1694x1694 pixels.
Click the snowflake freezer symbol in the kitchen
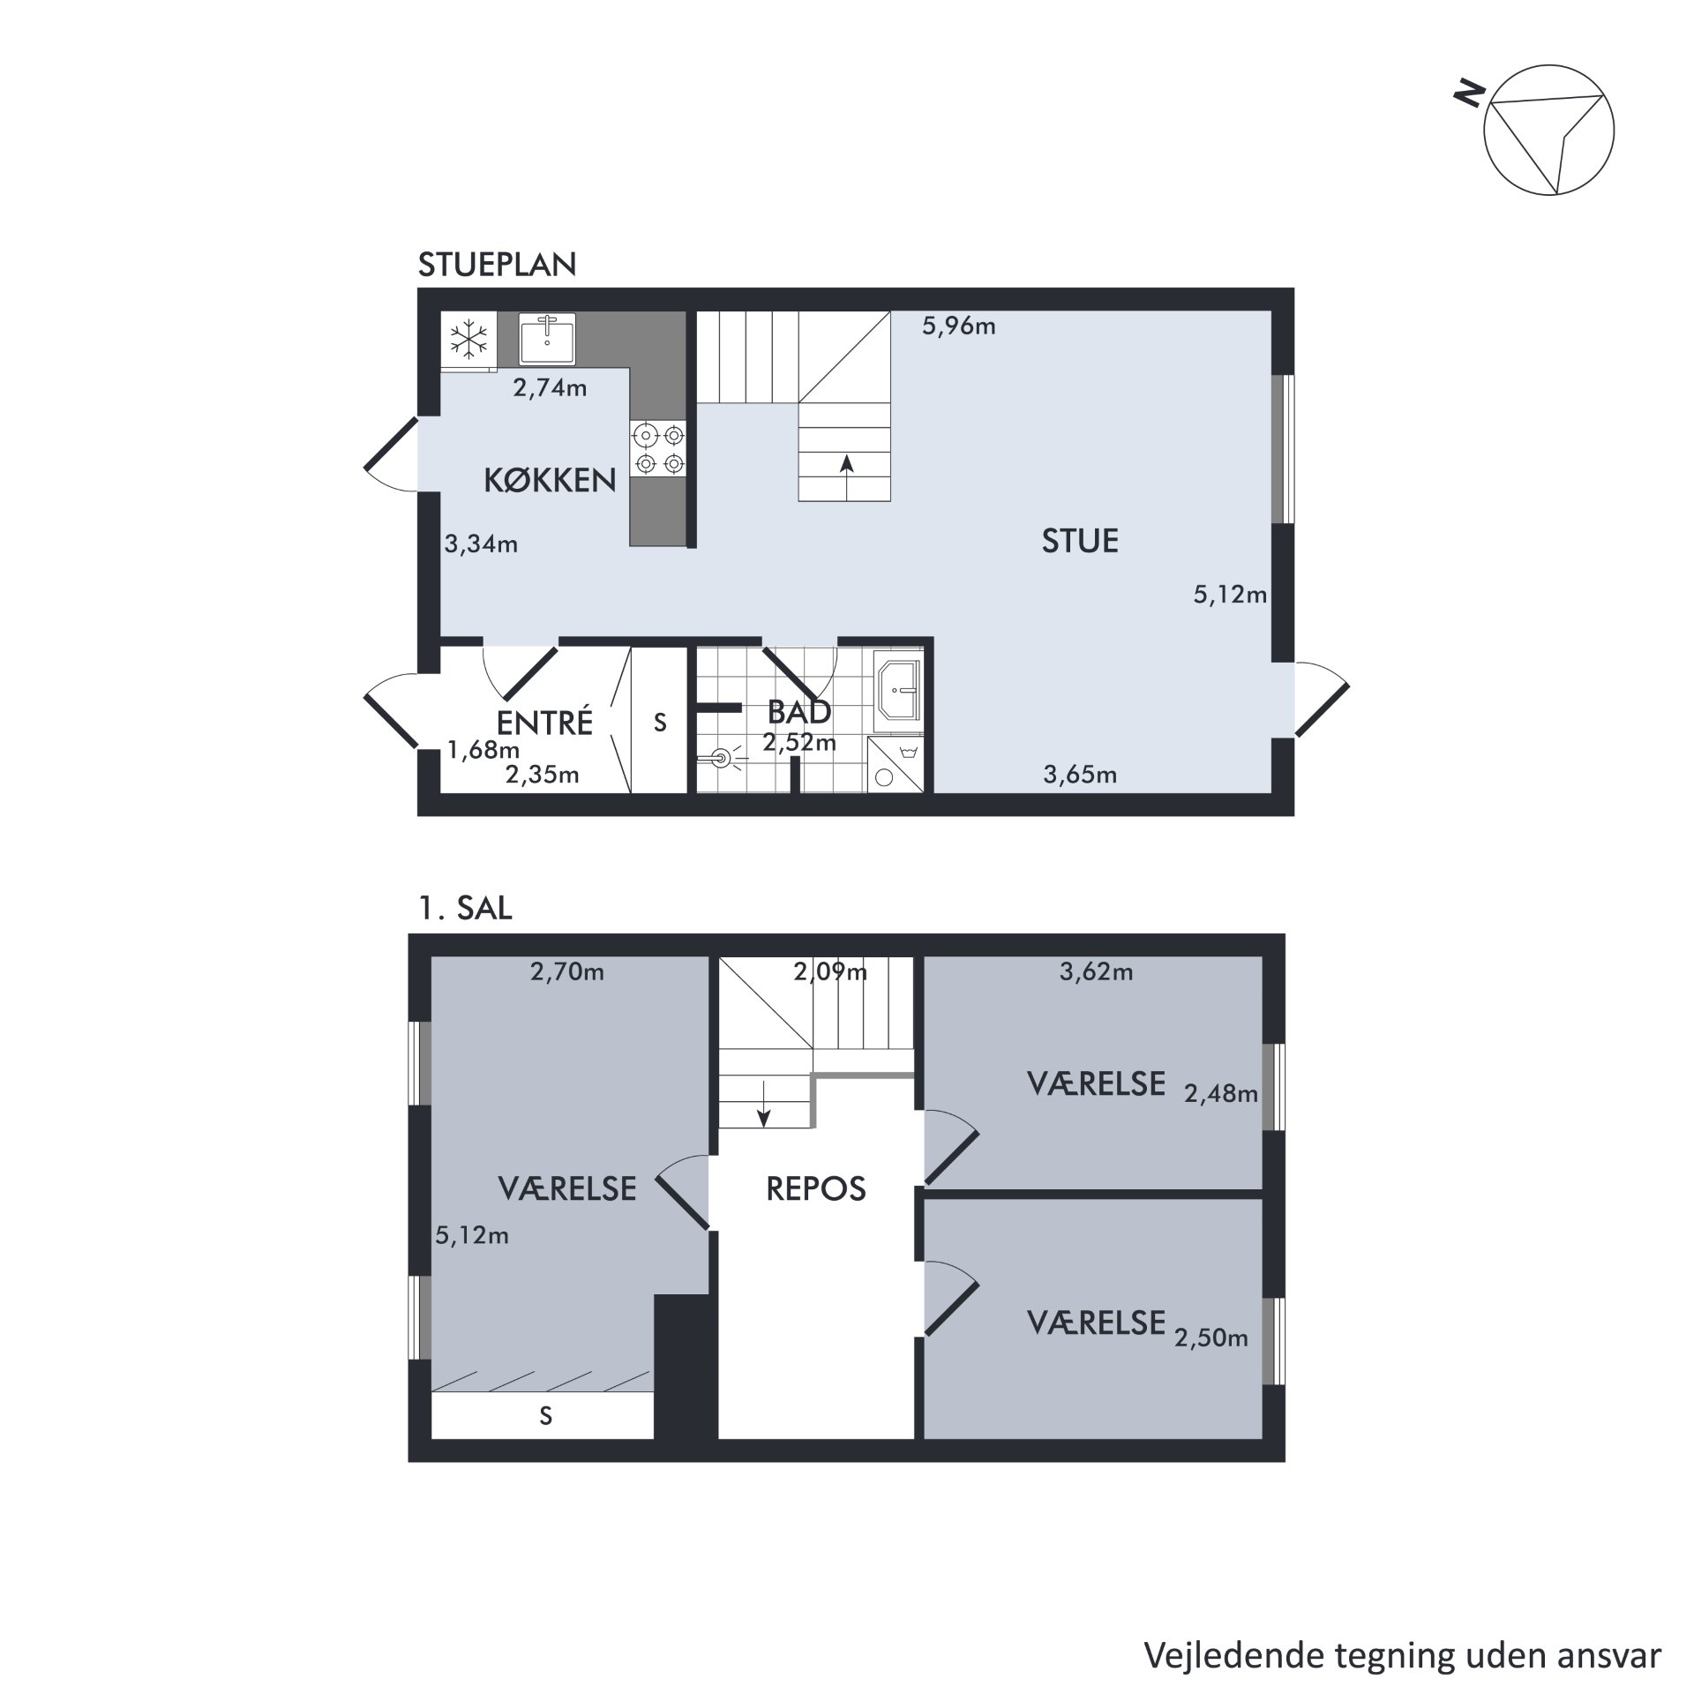(469, 340)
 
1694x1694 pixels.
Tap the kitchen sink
(547, 338)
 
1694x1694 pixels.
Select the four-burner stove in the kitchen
(659, 448)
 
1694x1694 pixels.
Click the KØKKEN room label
(550, 480)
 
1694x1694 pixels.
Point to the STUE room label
(1080, 541)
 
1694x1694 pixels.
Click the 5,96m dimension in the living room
(959, 326)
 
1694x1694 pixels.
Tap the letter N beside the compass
(1470, 94)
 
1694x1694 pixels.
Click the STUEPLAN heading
(497, 265)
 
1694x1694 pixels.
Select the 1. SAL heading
(465, 909)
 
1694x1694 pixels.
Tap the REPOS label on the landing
(816, 1189)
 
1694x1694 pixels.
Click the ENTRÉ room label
(544, 723)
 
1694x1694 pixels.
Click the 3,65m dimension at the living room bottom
(1080, 775)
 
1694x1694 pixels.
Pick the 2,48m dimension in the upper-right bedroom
(1221, 1094)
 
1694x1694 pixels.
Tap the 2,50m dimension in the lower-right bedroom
(1211, 1338)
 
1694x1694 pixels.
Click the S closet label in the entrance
(660, 723)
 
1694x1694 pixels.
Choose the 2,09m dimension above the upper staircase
(830, 972)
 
